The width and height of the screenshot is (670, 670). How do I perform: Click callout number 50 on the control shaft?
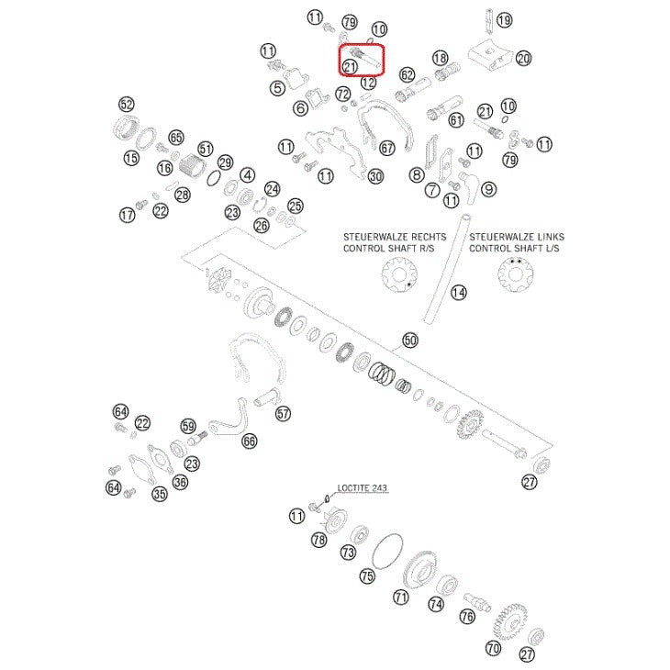pyautogui.click(x=409, y=341)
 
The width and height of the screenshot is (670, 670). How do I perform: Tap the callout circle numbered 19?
pyautogui.click(x=504, y=19)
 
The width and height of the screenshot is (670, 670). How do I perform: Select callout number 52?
pyautogui.click(x=127, y=104)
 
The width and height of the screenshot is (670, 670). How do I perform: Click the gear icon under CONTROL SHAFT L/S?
pyautogui.click(x=514, y=275)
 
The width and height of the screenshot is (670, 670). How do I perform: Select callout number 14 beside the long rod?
pyautogui.click(x=459, y=293)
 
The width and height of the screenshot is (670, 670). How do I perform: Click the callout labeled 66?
pyautogui.click(x=250, y=441)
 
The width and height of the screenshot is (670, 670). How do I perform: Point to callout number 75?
pyautogui.click(x=367, y=576)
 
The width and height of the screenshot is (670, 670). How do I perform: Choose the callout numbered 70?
pyautogui.click(x=494, y=647)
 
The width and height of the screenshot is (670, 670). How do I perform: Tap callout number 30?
pyautogui.click(x=374, y=176)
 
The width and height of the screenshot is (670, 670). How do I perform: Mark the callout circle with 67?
pyautogui.click(x=386, y=147)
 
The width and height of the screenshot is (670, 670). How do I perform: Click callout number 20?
pyautogui.click(x=523, y=58)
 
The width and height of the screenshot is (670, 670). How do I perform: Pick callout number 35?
pyautogui.click(x=160, y=495)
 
